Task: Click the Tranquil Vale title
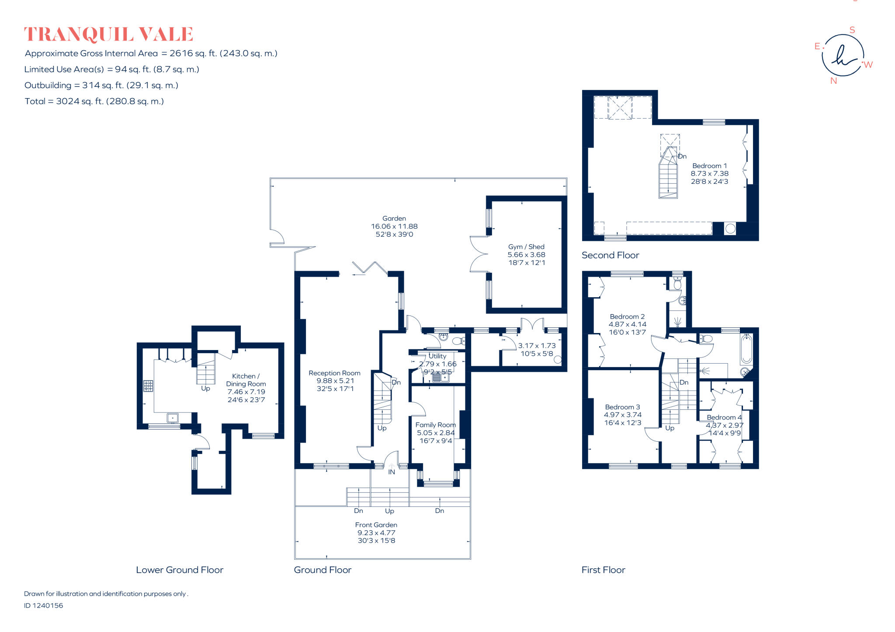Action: point(108,34)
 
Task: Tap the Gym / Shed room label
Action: point(526,247)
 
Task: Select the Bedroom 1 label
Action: point(709,166)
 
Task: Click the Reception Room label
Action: point(334,373)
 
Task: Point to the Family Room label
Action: point(435,425)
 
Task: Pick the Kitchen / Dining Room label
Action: point(246,380)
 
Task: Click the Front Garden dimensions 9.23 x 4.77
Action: point(376,532)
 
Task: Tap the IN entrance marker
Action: point(392,472)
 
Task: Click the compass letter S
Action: point(852,30)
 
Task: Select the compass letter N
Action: point(833,81)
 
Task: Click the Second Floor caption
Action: point(610,255)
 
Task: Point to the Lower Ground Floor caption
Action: point(179,570)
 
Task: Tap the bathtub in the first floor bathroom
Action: point(746,349)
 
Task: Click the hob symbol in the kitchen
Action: point(148,386)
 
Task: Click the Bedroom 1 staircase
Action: point(668,175)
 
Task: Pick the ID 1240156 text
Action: point(43,605)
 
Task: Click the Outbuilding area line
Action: point(101,85)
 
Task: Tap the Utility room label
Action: point(437,356)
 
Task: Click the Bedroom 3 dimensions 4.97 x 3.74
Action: point(622,415)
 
